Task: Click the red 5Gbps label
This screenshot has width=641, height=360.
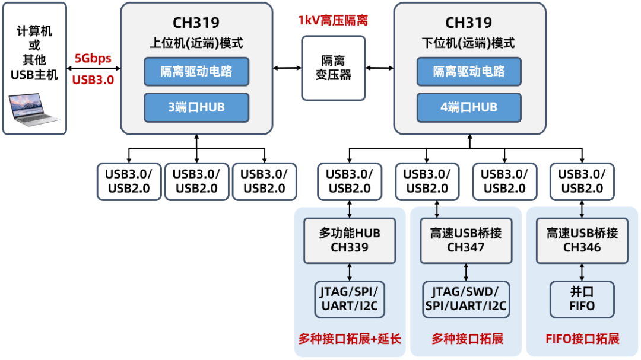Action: pos(93,59)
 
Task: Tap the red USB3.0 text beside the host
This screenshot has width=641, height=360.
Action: pos(93,79)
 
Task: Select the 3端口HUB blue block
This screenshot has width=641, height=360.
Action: pos(196,107)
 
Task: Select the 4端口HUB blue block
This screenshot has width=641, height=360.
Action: pos(469,107)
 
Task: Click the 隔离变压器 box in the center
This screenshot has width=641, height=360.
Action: pos(333,68)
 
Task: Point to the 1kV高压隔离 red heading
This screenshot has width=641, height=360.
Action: pos(333,21)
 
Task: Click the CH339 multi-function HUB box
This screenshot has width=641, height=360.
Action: pos(350,240)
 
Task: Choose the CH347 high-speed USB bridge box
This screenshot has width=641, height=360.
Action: pos(466,240)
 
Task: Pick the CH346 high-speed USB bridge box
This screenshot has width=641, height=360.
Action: pos(582,240)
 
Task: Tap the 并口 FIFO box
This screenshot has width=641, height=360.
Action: pos(582,299)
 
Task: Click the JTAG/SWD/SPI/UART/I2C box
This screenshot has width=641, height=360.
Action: pos(466,299)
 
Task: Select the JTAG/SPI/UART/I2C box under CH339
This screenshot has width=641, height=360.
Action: pos(350,299)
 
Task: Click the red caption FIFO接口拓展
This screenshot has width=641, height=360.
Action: pos(582,339)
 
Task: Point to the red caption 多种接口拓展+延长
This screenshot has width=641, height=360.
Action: pos(350,339)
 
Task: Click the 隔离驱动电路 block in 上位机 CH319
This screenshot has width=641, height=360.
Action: pos(196,72)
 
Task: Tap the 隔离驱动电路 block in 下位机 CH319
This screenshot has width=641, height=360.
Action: pos(469,72)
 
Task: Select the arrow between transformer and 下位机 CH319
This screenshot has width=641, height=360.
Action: pos(380,68)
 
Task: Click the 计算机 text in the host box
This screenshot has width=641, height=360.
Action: pos(34,31)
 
